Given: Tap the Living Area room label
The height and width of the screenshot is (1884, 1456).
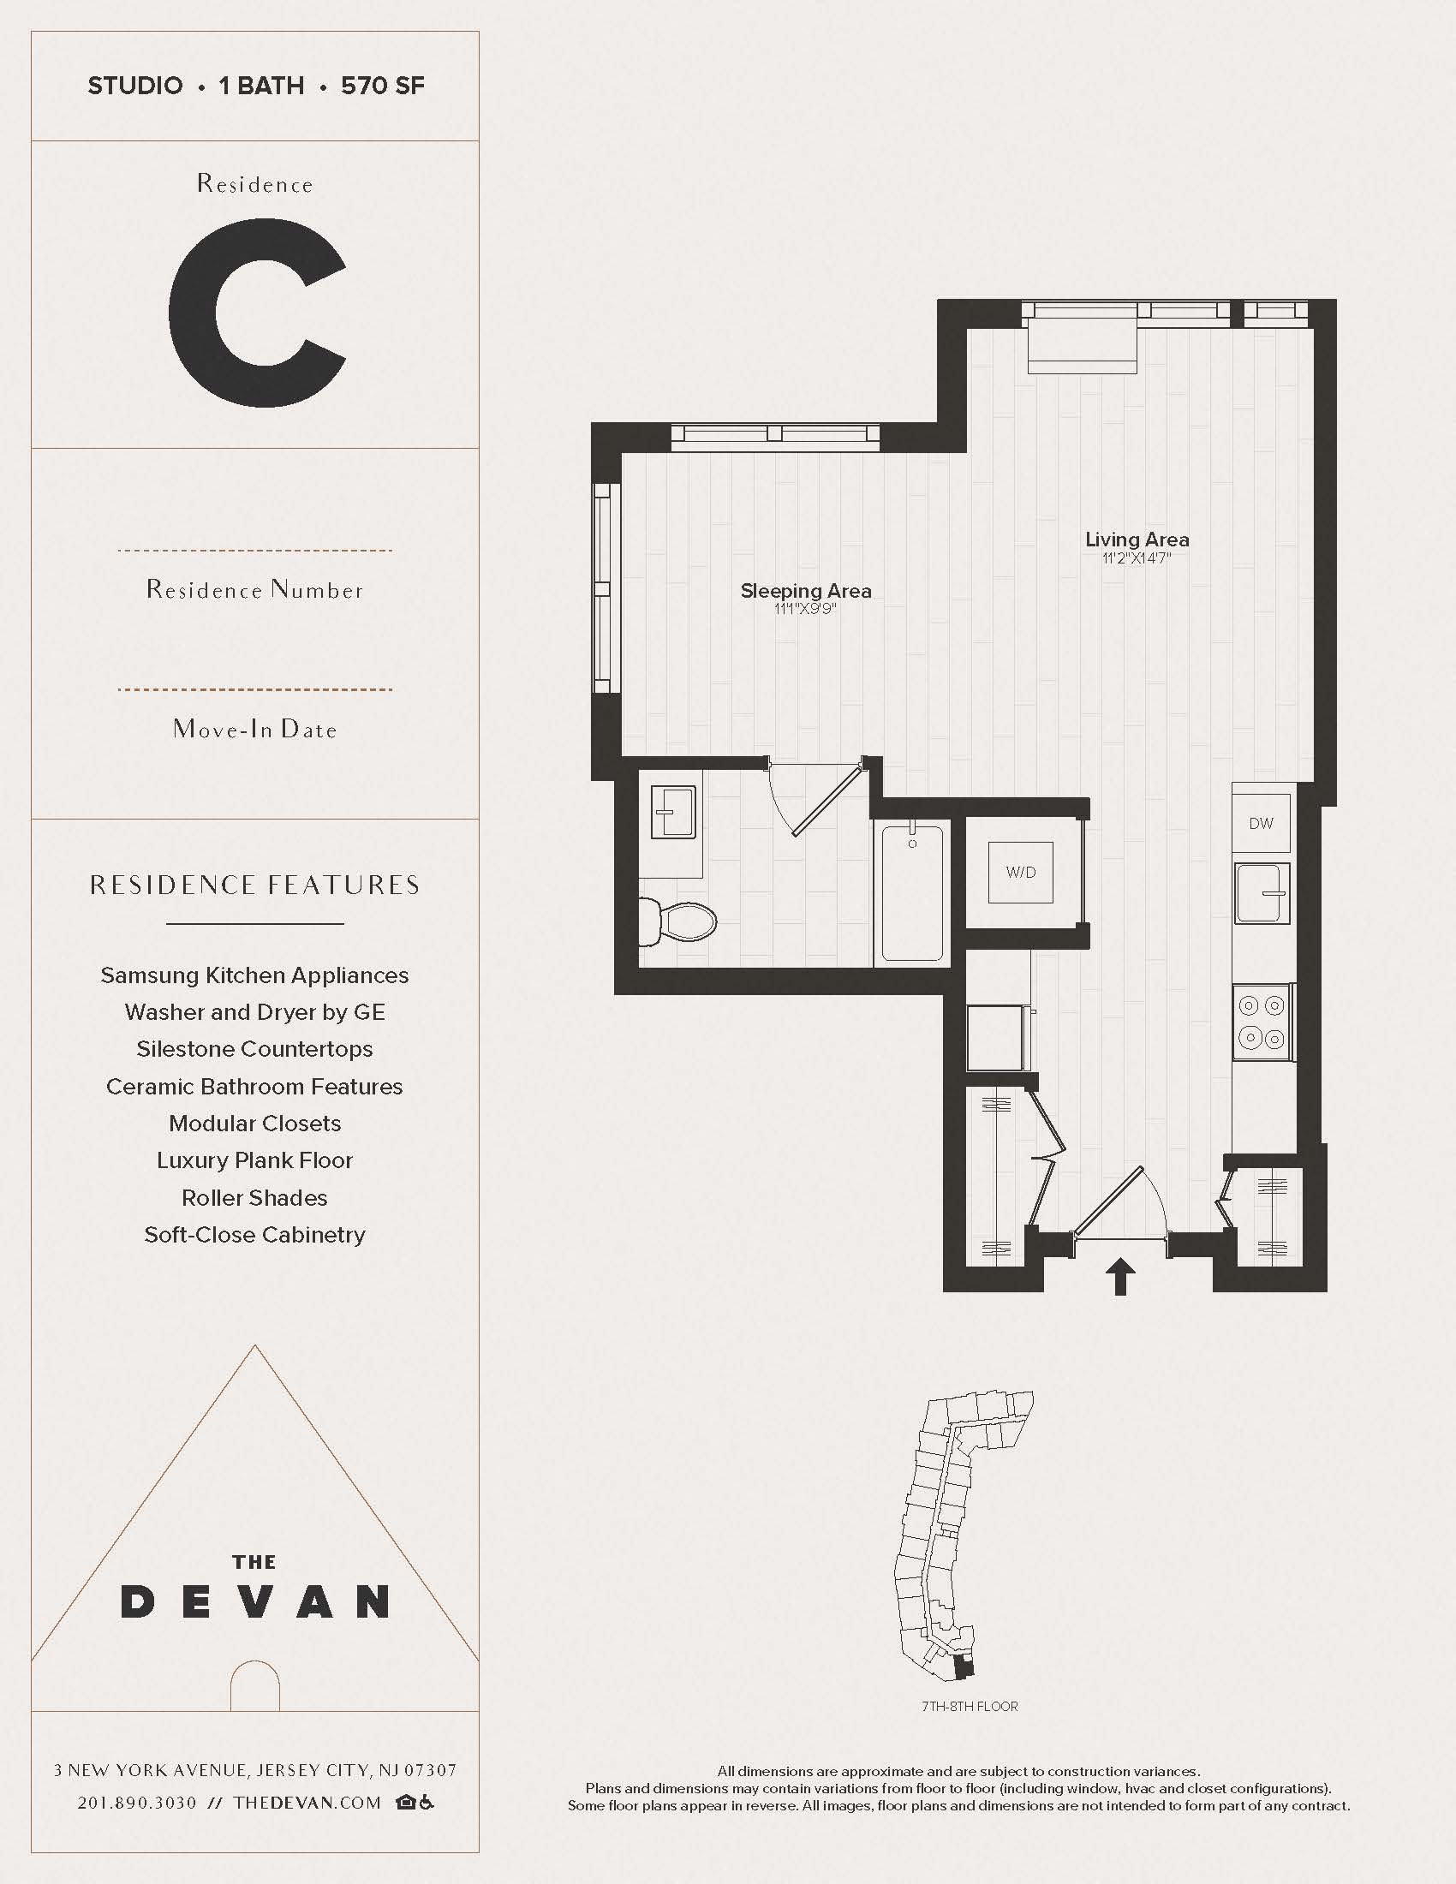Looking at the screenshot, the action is point(1137,540).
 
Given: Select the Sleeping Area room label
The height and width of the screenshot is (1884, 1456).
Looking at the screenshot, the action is point(806,591).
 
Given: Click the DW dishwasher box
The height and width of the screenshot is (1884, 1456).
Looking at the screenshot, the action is point(1261,823).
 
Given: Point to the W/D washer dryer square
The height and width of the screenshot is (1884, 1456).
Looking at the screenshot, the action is point(1020,872).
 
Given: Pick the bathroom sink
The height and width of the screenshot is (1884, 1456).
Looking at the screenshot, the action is point(674,812).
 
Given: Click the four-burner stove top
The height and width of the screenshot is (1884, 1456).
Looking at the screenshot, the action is point(1261,1022).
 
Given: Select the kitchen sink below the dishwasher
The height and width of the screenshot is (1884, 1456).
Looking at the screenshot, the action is point(1261,893).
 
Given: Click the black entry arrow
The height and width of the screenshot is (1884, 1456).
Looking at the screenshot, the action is point(1119,1276).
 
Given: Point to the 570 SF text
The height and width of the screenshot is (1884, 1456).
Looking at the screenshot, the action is point(382,86).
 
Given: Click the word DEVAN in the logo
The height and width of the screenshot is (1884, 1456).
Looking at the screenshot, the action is point(255,1602).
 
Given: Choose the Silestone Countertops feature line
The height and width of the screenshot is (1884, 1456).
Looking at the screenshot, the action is point(254,1049).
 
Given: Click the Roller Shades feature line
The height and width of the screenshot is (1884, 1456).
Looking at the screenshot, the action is point(254,1197).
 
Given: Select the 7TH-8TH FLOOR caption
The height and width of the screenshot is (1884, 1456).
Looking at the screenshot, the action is point(970,1706).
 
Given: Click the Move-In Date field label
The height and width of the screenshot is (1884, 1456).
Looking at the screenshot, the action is point(254,730).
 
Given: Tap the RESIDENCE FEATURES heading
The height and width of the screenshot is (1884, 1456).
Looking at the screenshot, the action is point(254,885).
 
